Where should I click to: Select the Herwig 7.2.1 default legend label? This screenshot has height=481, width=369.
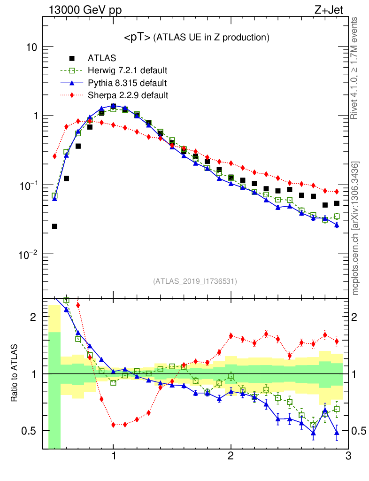click(128, 71)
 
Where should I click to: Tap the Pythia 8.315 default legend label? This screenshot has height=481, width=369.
click(127, 83)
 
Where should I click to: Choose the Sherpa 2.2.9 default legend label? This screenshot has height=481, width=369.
click(128, 95)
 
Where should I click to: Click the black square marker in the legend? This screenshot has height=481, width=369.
click(72, 59)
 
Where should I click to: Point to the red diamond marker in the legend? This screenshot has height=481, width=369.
click(72, 95)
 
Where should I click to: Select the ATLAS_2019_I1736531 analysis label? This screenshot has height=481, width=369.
click(195, 281)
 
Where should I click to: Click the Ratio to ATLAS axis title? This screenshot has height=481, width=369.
click(15, 373)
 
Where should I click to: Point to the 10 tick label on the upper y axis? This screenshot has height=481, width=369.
click(31, 47)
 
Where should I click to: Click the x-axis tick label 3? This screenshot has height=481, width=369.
click(348, 456)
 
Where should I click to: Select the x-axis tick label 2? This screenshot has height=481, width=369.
click(231, 456)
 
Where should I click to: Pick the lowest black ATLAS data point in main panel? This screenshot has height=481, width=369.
click(54, 226)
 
